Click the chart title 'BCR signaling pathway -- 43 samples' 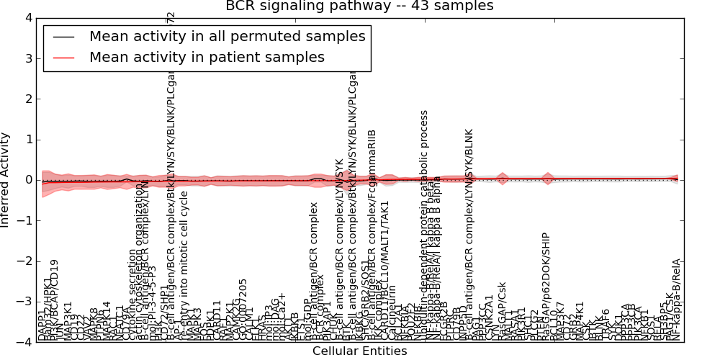pyautogui.click(x=359, y=6)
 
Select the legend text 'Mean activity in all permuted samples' pyautogui.click(x=227, y=36)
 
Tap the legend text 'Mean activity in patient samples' pyautogui.click(x=207, y=57)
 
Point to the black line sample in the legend pyautogui.click(x=63, y=36)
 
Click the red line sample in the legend pyautogui.click(x=63, y=57)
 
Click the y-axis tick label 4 pyautogui.click(x=27, y=18)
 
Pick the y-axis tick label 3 pyautogui.click(x=27, y=58)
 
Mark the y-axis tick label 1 pyautogui.click(x=27, y=140)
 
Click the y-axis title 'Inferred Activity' pyautogui.click(x=6, y=180)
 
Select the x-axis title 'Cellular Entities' pyautogui.click(x=359, y=351)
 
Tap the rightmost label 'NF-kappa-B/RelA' pyautogui.click(x=676, y=299)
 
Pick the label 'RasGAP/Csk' pyautogui.click(x=502, y=310)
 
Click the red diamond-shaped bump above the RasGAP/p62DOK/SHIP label pyautogui.click(x=548, y=179)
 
